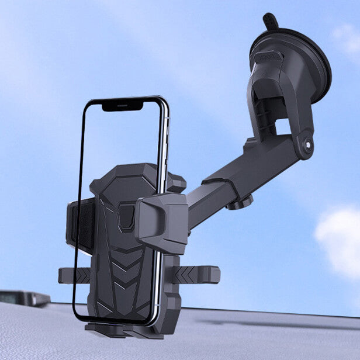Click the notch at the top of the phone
pyautogui.click(x=122, y=106)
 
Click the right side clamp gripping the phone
pyautogui.click(x=162, y=221)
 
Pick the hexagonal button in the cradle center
pyautogui.click(x=126, y=217)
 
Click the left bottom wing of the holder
pyautogui.click(x=74, y=275)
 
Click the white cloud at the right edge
pyautogui.click(x=339, y=240)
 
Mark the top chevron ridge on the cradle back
pyautogui.click(x=126, y=248)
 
